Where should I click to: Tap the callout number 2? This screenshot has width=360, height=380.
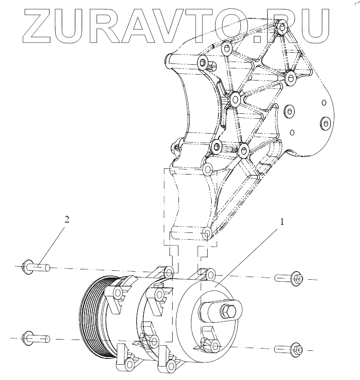[67, 219]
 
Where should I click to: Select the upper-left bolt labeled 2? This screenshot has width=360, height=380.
[36, 267]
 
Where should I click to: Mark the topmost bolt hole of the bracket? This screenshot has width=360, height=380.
[281, 27]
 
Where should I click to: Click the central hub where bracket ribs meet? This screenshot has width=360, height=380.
[234, 98]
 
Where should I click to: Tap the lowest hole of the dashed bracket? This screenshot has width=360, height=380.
[207, 234]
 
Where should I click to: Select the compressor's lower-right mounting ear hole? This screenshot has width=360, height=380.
[215, 346]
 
